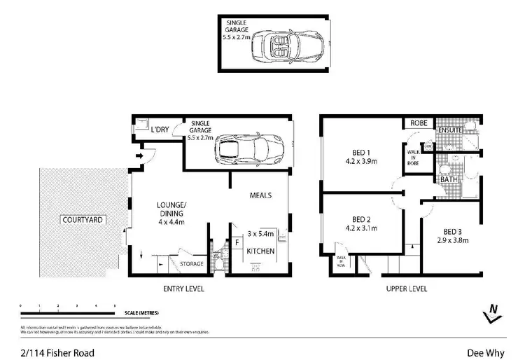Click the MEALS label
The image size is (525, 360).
260,195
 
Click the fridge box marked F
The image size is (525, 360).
237,243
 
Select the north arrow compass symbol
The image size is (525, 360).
493,312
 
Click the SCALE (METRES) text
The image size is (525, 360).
140,313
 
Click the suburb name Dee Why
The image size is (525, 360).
484,354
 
